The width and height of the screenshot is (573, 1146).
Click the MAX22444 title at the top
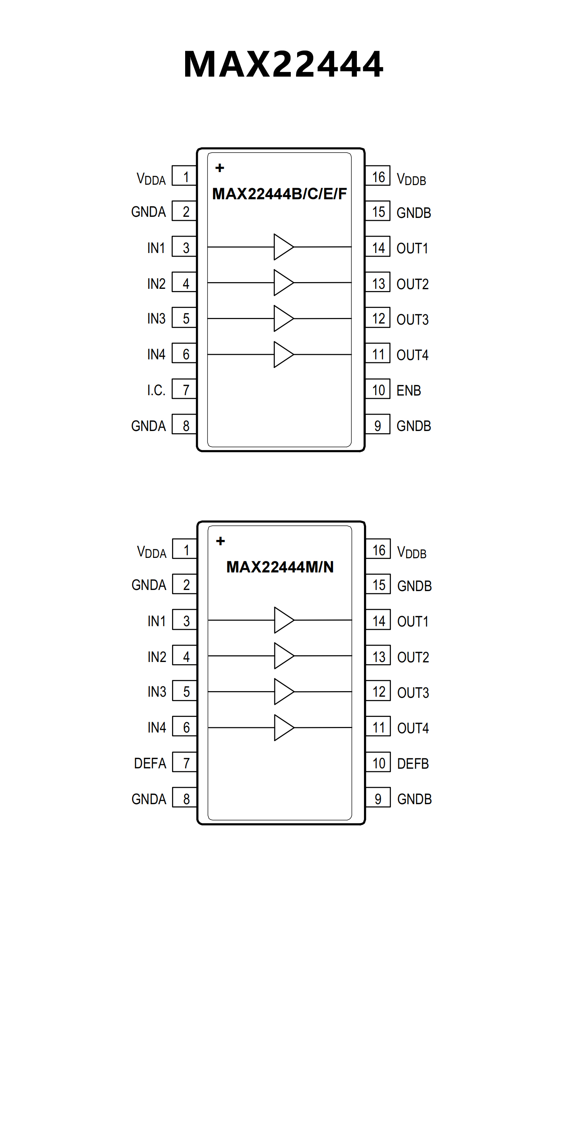coord(283,65)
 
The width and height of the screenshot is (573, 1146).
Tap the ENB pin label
coord(408,391)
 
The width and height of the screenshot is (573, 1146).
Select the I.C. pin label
coord(156,391)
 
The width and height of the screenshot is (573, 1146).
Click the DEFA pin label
coord(150,764)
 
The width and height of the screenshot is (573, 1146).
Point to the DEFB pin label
coord(413,764)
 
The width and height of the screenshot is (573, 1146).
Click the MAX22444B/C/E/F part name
coord(279,194)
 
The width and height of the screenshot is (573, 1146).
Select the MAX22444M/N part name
coord(280,567)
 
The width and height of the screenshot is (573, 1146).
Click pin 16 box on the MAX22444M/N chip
coord(378,550)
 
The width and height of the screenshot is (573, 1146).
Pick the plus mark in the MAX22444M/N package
coord(220,541)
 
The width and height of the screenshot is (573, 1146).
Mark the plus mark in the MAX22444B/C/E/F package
coord(220,168)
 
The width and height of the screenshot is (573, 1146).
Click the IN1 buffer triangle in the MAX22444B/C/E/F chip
coord(283,247)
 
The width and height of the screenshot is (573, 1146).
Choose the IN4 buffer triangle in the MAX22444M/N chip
coord(283,728)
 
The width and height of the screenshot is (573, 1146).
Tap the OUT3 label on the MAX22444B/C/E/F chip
coord(412,319)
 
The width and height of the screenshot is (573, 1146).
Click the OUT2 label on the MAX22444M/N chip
coord(413,657)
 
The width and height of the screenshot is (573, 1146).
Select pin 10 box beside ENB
coord(378,390)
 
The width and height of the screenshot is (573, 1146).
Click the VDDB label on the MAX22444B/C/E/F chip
coord(411,179)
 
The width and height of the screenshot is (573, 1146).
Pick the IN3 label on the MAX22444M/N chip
coord(157,692)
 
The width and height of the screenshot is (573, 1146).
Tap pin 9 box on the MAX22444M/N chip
coord(378,799)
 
